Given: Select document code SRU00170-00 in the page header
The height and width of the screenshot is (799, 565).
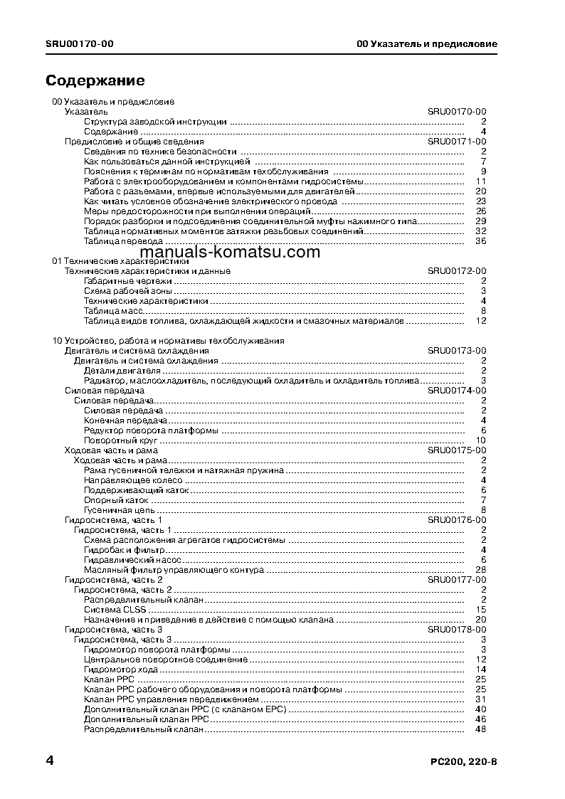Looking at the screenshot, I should (x=79, y=44).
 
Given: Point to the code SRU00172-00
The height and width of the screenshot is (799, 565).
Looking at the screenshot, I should (x=457, y=271).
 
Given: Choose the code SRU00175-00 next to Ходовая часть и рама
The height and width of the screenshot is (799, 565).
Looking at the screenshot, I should (x=457, y=450).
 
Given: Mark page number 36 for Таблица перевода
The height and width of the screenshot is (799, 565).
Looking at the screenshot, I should (x=480, y=241).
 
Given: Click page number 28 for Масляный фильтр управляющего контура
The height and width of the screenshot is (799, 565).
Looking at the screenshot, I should (x=480, y=570).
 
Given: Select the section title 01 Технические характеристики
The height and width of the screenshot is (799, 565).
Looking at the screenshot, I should (x=120, y=261).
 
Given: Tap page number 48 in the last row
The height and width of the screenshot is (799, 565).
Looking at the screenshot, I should (x=480, y=729).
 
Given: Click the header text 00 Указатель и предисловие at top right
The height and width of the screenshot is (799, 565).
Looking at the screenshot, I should (x=426, y=44).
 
